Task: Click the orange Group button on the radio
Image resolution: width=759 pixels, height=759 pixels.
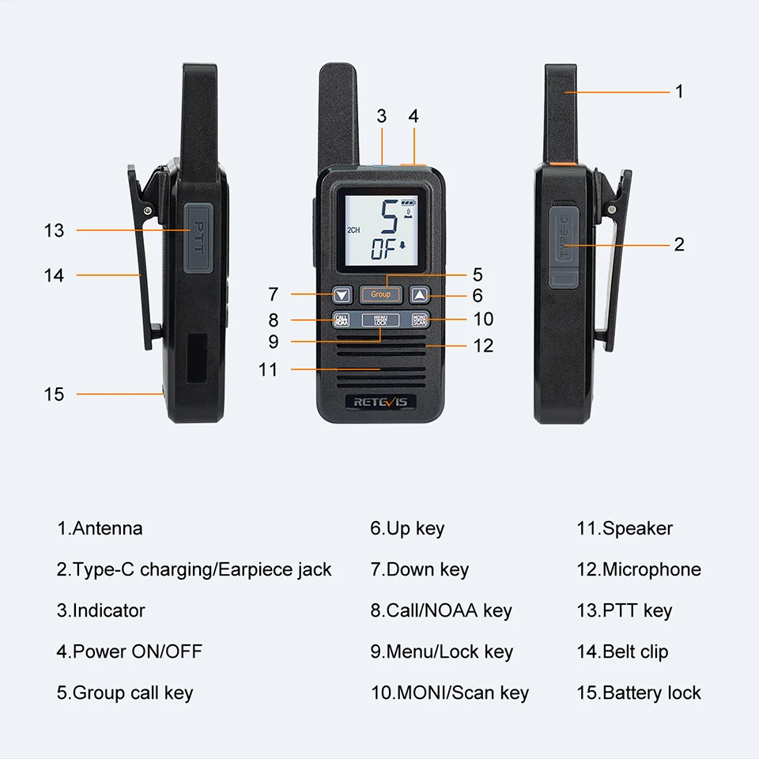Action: coord(380,294)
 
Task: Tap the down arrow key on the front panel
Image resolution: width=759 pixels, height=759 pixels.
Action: coord(342,294)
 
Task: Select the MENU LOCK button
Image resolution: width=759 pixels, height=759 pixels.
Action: coord(380,320)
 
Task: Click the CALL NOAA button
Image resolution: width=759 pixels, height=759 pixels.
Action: coord(342,320)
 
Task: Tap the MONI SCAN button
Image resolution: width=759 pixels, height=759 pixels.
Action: coord(419,320)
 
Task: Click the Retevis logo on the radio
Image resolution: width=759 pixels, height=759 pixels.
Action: coord(380,402)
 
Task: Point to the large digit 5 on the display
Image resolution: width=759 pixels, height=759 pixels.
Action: coord(389,217)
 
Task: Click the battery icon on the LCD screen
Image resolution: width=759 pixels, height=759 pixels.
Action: coord(408,202)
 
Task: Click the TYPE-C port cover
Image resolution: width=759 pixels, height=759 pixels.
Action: coord(564,246)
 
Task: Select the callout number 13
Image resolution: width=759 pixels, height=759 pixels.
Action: coord(54,230)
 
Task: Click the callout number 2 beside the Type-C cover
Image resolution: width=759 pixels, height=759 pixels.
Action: coord(679,244)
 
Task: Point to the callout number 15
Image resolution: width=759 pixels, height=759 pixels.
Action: coord(54,394)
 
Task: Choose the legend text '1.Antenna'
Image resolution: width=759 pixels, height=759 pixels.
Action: coord(100,528)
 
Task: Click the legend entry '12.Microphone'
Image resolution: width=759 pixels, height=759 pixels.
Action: coord(639,569)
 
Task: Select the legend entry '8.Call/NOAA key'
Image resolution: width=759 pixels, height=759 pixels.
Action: coord(441,611)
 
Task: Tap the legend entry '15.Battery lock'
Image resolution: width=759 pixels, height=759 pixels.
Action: coord(639,693)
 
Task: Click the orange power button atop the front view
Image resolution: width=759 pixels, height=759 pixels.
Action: coord(413,165)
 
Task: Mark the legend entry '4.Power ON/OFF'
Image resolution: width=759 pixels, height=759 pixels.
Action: coord(129,651)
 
